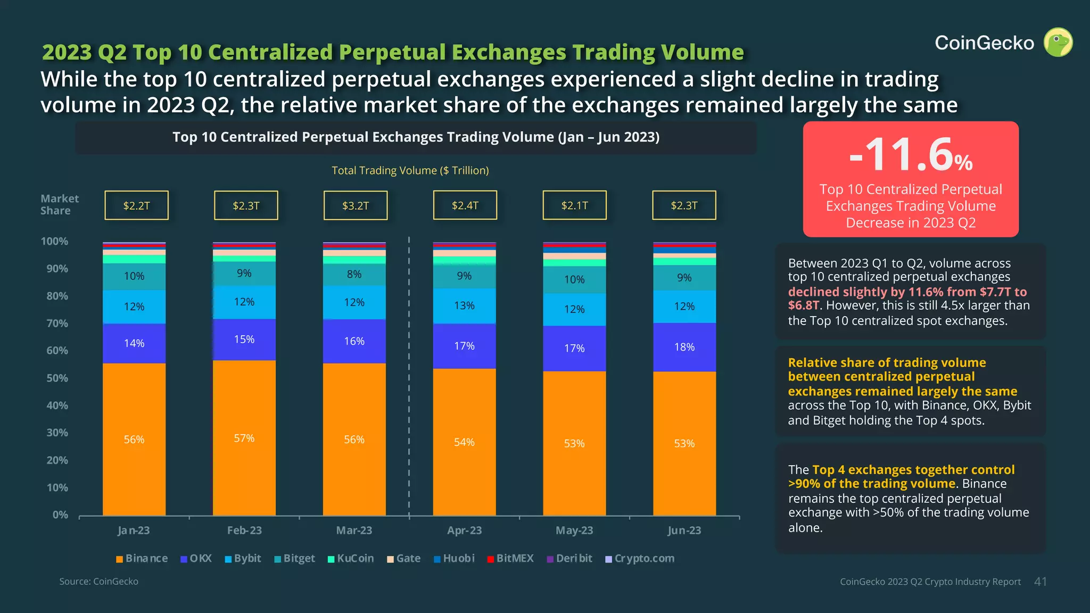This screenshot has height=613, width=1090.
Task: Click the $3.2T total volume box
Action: (x=355, y=205)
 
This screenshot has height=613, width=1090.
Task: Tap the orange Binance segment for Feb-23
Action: (x=244, y=437)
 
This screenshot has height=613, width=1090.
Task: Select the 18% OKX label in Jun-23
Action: (x=684, y=347)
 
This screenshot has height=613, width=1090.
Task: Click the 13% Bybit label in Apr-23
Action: (x=464, y=305)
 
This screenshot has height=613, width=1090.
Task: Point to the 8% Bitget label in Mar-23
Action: (x=354, y=274)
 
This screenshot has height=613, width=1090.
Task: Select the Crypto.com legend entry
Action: (x=640, y=558)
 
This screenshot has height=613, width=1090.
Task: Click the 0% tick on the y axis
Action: (x=60, y=515)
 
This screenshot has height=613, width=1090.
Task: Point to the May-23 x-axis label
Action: (x=574, y=530)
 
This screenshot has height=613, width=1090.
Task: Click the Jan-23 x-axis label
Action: (x=134, y=530)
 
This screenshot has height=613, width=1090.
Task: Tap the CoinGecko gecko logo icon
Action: (x=1058, y=43)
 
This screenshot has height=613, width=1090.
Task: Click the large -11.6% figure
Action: (x=911, y=155)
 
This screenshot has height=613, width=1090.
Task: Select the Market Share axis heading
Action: (x=59, y=204)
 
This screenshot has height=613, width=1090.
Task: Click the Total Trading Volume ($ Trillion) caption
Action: (x=410, y=170)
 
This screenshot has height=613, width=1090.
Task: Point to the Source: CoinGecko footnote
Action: (x=98, y=581)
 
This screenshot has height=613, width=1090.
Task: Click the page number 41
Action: (x=1040, y=582)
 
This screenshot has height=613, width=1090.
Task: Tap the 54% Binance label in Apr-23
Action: (x=464, y=442)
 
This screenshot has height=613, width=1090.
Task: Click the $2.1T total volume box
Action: (x=574, y=205)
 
